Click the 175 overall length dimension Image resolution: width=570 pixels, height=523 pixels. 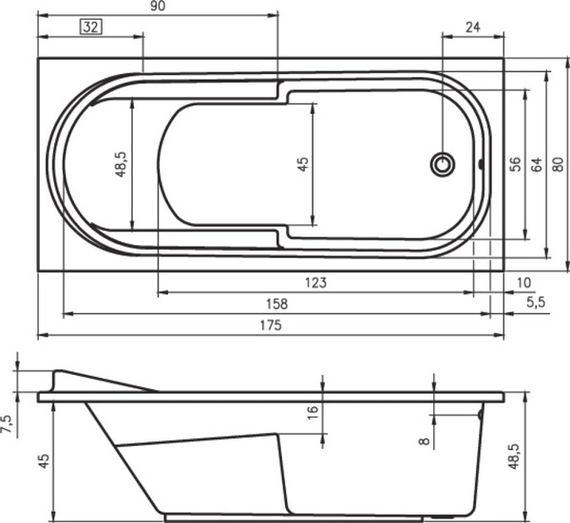click(x=271, y=325)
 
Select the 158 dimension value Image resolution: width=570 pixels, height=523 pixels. click(x=275, y=304)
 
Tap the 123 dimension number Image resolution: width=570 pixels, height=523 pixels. click(x=316, y=282)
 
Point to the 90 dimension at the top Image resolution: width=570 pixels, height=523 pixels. click(x=158, y=8)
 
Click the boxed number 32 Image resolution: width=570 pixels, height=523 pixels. click(x=91, y=28)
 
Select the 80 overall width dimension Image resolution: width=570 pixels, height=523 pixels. click(x=559, y=164)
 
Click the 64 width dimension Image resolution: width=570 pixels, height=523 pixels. click(x=537, y=164)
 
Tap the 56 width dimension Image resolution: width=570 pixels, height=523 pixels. click(x=515, y=164)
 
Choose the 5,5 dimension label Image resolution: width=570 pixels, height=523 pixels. click(x=536, y=303)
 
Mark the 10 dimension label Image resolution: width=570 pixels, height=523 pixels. click(x=525, y=282)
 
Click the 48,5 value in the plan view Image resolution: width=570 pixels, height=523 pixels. click(x=121, y=164)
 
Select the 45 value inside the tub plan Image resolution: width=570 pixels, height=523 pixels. click(x=303, y=164)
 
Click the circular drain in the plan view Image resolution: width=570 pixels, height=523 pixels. click(x=443, y=164)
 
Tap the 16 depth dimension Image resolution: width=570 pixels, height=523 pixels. click(x=313, y=413)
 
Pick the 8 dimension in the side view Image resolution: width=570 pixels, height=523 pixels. click(x=424, y=439)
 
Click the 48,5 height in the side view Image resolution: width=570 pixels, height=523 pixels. click(x=514, y=457)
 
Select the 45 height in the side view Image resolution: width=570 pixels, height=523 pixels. click(x=43, y=461)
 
